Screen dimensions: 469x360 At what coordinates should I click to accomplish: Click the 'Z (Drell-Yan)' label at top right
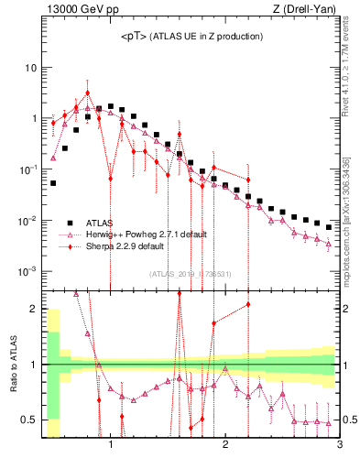tap(310, 10)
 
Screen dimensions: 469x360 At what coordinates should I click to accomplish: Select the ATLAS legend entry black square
tap(70, 223)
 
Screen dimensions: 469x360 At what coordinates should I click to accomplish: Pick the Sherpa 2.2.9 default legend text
tap(125, 246)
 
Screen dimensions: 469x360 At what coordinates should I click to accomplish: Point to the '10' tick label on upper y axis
tap(29, 68)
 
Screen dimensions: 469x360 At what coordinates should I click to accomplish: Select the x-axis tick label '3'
tap(339, 445)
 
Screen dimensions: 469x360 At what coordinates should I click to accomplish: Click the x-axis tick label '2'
tap(224, 445)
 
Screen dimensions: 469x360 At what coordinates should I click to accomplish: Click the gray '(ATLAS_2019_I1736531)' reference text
tap(190, 273)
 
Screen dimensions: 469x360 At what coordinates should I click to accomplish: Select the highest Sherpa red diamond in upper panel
tap(88, 93)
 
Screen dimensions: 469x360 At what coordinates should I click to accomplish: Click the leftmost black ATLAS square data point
tap(53, 183)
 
